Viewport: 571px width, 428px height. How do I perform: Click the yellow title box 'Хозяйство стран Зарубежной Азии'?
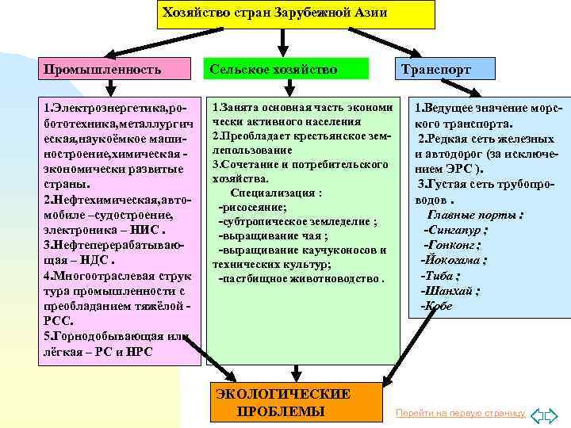point(296,13)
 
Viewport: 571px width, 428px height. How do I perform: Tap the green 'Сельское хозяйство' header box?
point(284,70)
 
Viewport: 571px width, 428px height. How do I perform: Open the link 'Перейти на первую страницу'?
point(461,414)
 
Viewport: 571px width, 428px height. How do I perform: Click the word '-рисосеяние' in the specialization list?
point(252,206)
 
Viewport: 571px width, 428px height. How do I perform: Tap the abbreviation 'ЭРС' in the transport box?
point(466,169)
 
